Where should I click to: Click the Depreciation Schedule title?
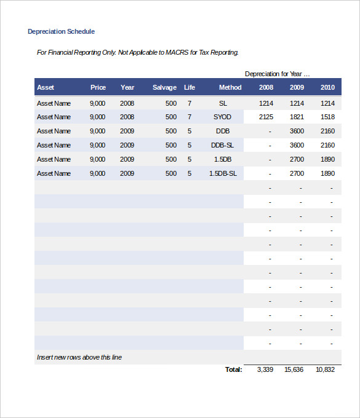61,31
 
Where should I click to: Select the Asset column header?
46,87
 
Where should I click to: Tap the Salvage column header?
164,87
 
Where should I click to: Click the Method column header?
230,87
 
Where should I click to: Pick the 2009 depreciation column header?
297,87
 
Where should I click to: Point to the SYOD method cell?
223,117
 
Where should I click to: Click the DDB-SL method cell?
223,145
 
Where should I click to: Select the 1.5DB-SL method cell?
223,173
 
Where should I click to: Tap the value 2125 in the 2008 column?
266,117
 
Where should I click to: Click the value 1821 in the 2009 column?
297,117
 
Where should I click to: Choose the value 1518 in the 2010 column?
327,117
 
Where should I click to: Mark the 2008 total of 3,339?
265,369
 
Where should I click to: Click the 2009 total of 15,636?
294,369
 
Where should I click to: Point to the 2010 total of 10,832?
325,369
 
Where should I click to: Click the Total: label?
233,369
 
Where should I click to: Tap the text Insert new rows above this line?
79,357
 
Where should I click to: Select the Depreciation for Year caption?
277,74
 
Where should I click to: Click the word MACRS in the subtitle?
177,52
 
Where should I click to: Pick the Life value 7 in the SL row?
189,103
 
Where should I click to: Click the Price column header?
98,87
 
